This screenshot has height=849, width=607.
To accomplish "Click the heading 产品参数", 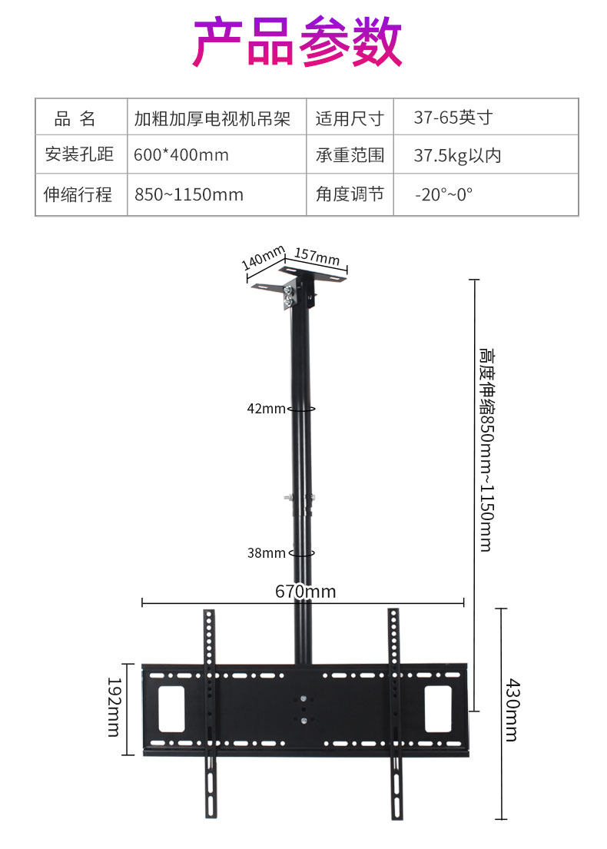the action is (x=297, y=42).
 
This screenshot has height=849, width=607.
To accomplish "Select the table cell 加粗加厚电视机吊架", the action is (x=212, y=118).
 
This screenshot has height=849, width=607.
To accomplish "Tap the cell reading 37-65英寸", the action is (x=453, y=118).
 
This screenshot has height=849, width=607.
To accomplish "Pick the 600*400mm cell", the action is (x=181, y=155).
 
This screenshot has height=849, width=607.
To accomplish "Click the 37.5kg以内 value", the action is (x=457, y=155).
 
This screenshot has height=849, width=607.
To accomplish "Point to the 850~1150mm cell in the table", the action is (x=189, y=194).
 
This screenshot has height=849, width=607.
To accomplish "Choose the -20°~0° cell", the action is (x=444, y=194).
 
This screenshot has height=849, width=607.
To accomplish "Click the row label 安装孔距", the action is (x=79, y=155).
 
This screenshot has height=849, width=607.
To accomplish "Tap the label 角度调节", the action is (x=350, y=194).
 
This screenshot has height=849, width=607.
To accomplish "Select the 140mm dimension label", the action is (x=263, y=258).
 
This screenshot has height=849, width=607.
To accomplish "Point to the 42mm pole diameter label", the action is (x=266, y=409).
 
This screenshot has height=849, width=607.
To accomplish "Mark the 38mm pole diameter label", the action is (x=266, y=552).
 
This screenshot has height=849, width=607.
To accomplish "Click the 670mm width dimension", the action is (x=305, y=591).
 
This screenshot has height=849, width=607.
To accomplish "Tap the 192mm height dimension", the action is (x=114, y=706).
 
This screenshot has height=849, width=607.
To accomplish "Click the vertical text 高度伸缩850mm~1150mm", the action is (x=486, y=449).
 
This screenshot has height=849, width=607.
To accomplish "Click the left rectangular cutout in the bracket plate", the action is (x=171, y=708).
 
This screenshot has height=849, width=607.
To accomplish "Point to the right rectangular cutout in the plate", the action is (x=438, y=708).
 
